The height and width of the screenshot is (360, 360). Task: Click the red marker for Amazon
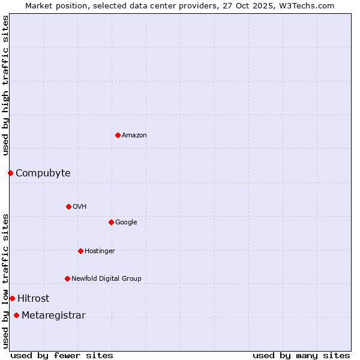[x=118, y=135]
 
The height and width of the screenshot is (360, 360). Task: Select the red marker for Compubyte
[x=10, y=173]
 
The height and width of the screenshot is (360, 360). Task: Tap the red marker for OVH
[x=68, y=206]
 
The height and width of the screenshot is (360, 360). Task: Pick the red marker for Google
[x=111, y=222]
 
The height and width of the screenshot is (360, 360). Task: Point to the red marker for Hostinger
[x=80, y=251]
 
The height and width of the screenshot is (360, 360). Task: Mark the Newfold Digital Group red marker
[x=67, y=278]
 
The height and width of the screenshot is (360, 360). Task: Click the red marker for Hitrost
[x=12, y=298]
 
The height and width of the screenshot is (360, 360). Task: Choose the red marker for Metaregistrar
[x=16, y=316]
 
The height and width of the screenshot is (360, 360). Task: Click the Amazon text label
[x=134, y=136]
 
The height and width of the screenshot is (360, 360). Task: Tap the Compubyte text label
[x=43, y=173]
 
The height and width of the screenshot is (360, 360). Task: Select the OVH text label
[x=80, y=207]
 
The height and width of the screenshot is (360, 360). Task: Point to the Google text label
[x=126, y=223]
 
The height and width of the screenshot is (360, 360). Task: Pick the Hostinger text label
[x=100, y=251]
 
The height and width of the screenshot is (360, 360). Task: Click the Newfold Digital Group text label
[x=107, y=279]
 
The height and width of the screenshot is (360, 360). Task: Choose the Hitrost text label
[x=34, y=299]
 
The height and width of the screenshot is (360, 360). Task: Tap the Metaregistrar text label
[x=53, y=316]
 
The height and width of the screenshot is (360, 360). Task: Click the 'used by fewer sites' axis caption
[x=62, y=355]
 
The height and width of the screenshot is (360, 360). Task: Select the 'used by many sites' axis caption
[x=301, y=355]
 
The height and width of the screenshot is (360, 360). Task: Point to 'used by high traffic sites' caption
[x=5, y=85]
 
